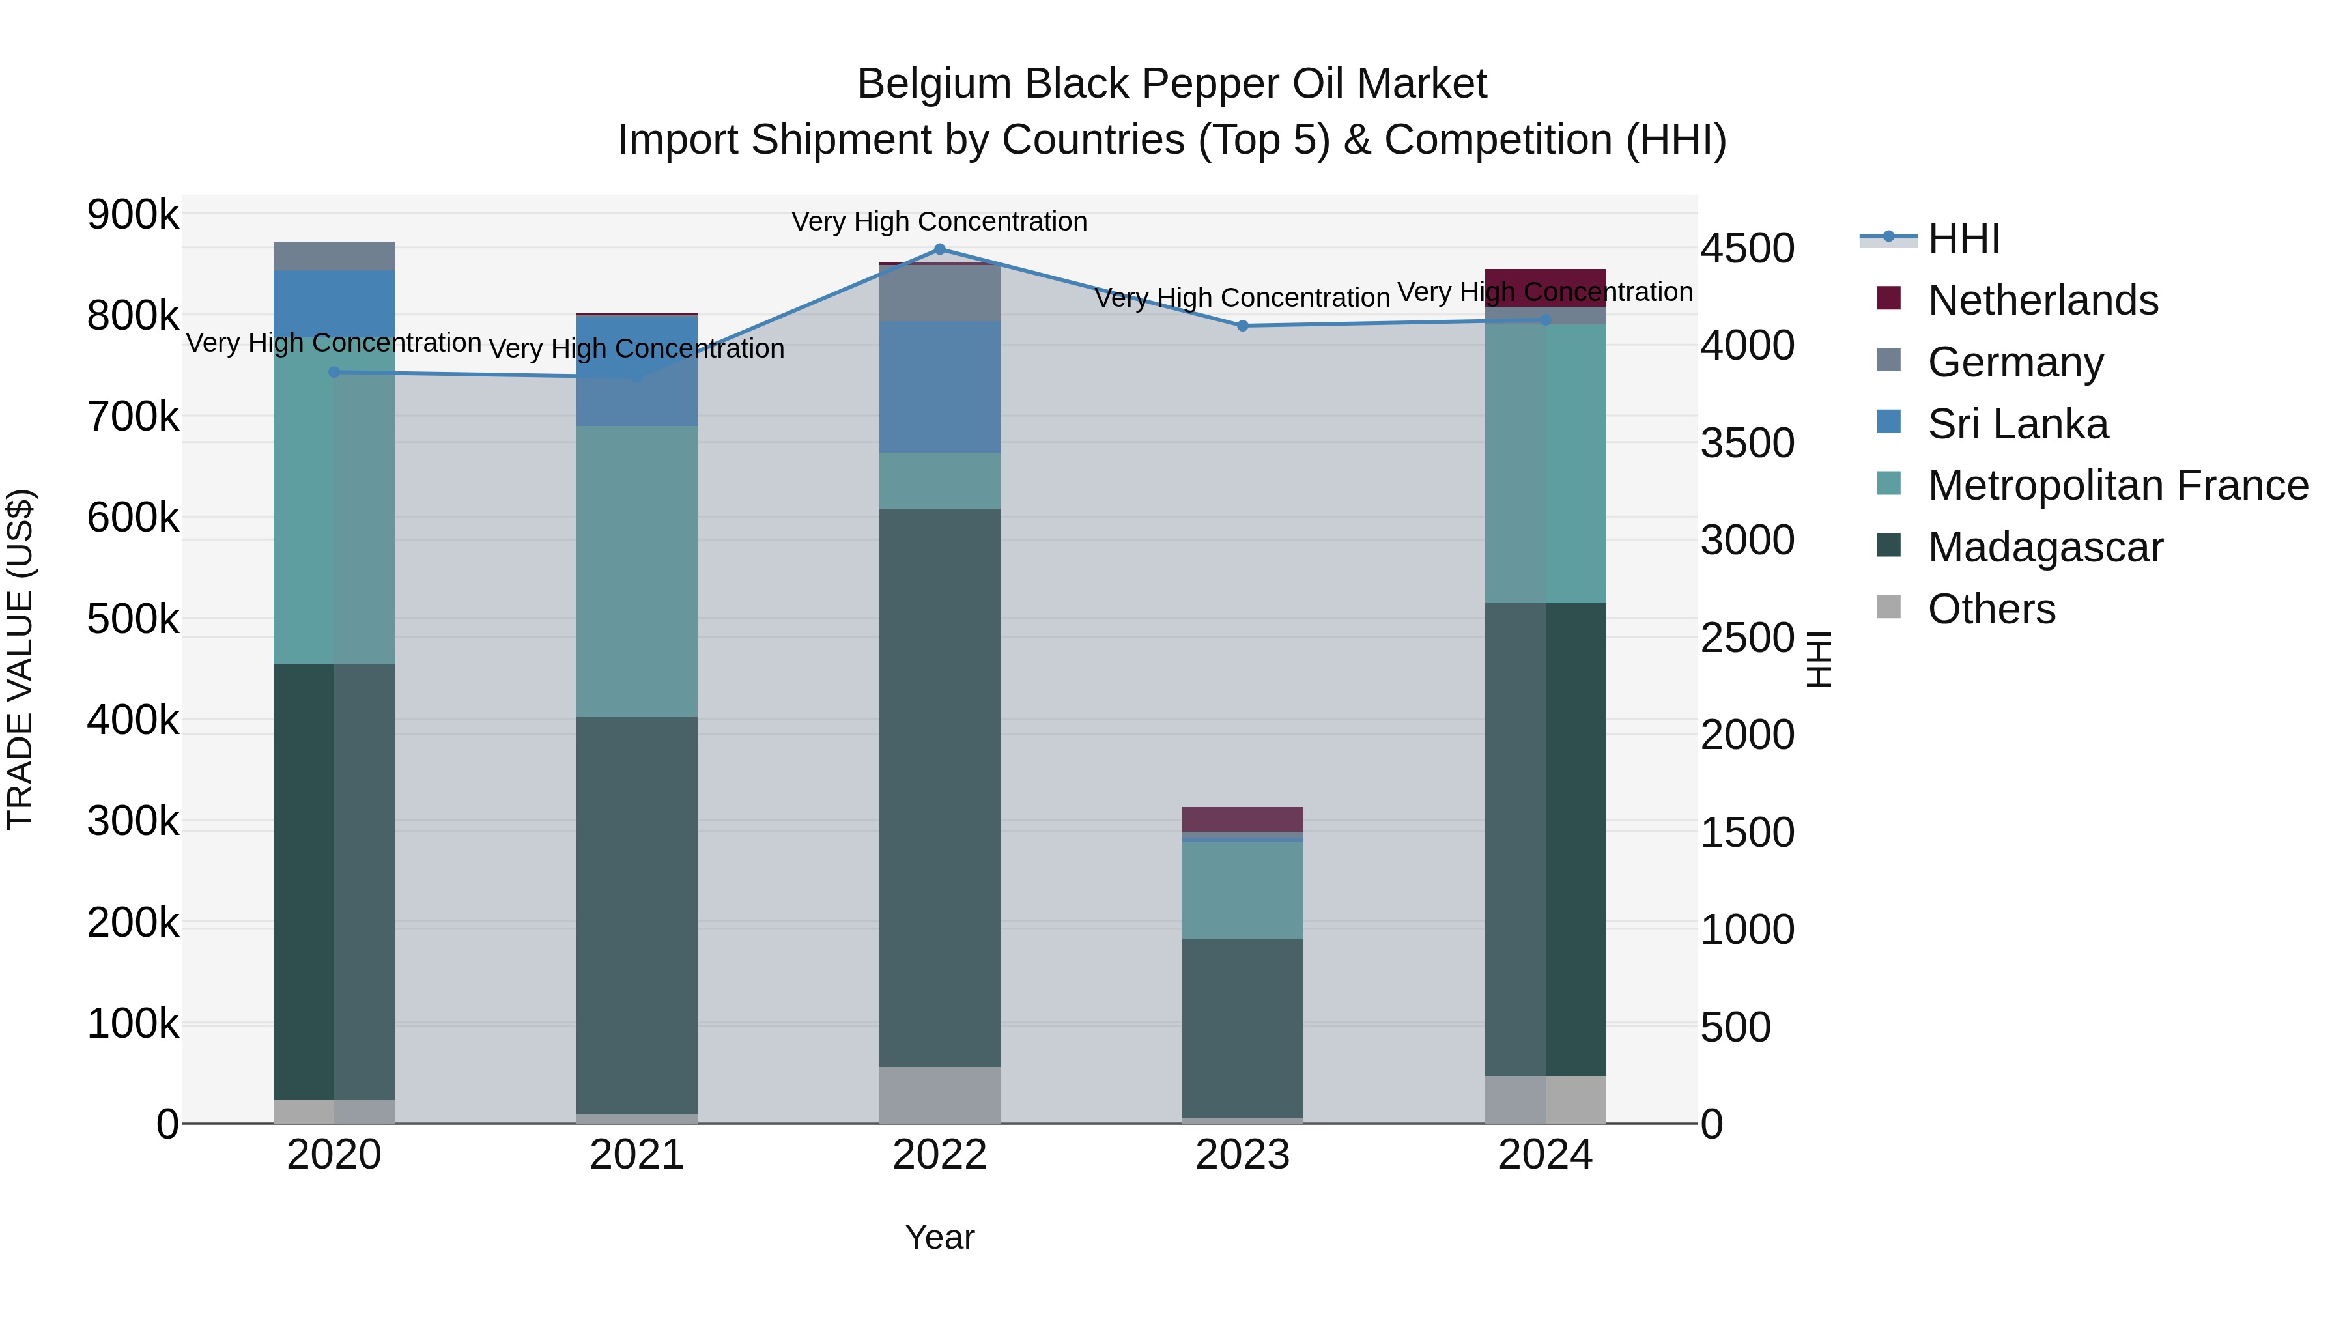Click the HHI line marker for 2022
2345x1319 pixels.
939,249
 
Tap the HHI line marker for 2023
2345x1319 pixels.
1243,326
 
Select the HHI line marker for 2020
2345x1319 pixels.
334,373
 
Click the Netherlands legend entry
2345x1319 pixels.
2042,300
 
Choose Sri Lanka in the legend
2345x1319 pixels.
2017,424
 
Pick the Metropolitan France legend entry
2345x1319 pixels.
2118,485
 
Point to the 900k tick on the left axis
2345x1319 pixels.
133,216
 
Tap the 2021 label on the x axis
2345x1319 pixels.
636,1155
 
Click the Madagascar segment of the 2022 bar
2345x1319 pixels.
939,787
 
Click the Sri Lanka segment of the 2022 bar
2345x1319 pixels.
939,387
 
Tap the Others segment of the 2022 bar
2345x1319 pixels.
939,1094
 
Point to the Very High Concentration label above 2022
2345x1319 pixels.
939,222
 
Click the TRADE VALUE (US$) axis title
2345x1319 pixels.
21,659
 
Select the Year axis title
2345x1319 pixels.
939,1237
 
